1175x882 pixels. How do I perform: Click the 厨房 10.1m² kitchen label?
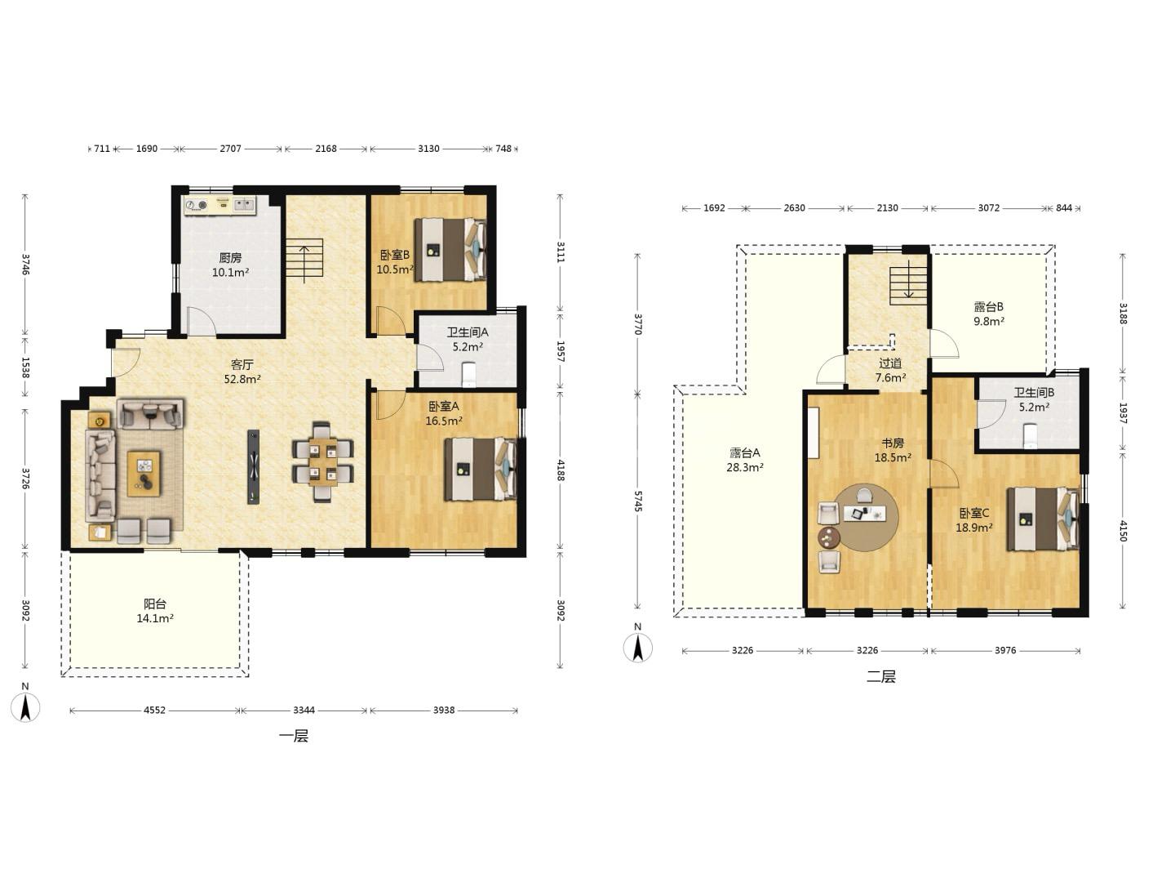[230, 265]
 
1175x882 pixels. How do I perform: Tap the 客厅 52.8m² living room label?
[242, 372]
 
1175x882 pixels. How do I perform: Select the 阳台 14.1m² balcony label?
[155, 611]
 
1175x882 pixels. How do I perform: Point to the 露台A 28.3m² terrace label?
[745, 460]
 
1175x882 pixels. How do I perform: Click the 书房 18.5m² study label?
[893, 450]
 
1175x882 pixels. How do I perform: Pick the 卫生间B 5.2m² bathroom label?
[1034, 399]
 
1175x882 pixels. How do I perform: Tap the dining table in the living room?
[322, 461]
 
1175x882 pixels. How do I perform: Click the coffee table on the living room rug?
[144, 474]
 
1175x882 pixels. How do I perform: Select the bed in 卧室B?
[450, 249]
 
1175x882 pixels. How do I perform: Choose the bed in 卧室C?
[1043, 519]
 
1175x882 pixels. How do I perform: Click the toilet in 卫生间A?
[468, 374]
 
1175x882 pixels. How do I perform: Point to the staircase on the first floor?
[304, 258]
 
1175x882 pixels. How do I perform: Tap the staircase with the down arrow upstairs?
[908, 287]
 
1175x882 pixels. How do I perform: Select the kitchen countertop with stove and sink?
[220, 205]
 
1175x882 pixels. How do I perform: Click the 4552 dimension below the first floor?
[154, 710]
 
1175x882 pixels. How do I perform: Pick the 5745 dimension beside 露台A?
[637, 501]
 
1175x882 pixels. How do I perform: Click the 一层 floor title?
[294, 736]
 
